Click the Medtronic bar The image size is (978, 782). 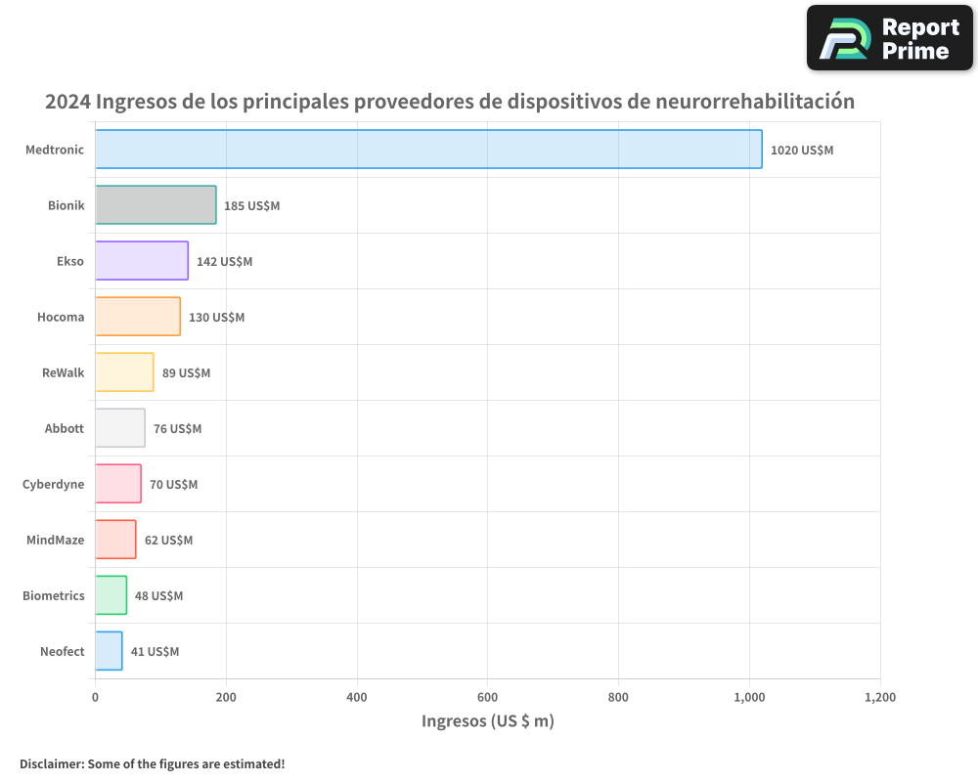tap(428, 150)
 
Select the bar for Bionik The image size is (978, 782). tap(156, 205)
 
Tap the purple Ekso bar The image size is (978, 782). tap(142, 261)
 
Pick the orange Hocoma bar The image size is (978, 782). tap(138, 317)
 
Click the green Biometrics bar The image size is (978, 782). tap(111, 595)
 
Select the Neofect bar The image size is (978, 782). tap(109, 651)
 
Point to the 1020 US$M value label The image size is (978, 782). tap(802, 151)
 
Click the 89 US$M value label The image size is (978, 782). tap(186, 373)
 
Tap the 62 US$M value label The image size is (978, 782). tap(168, 541)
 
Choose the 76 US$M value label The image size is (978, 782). tap(177, 429)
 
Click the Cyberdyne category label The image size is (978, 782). tap(54, 484)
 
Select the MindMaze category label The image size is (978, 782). tap(56, 540)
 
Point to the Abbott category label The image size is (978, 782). tap(65, 428)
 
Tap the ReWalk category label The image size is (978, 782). tap(64, 372)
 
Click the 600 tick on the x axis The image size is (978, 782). tap(487, 698)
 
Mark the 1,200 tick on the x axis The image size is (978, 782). tap(879, 698)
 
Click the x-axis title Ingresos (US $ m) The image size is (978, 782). tap(487, 721)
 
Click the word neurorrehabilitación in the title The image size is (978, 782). tap(755, 102)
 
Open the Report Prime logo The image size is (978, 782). tap(889, 38)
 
